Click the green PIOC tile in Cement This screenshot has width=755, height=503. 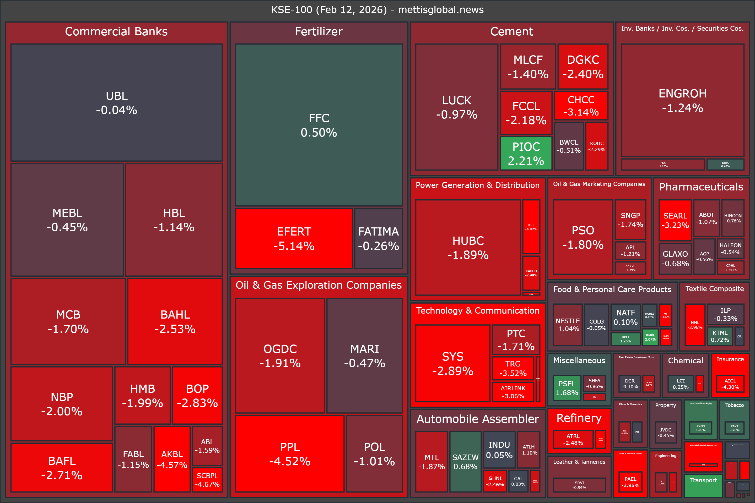coord(526,153)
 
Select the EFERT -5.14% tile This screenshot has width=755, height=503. coord(294,238)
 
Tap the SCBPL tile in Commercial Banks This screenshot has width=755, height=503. coord(207,480)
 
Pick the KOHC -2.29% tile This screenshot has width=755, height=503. coord(597,146)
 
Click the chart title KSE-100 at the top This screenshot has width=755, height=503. coord(377,10)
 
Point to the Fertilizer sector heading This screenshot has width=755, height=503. coord(319,31)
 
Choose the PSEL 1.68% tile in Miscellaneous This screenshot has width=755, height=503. coord(567,388)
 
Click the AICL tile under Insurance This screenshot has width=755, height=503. coord(730,384)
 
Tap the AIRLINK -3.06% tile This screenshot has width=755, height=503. coord(513,392)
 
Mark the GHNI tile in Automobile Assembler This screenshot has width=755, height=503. coord(495,481)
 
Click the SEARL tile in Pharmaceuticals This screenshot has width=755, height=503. coord(675,220)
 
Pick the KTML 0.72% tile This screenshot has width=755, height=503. coord(720,336)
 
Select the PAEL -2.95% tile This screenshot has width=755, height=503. coord(630,482)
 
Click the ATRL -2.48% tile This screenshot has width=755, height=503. coord(573,439)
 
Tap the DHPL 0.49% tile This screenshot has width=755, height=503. coord(725,165)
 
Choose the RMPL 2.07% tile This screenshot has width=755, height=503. coord(650,337)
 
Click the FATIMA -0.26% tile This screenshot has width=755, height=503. coord(379,238)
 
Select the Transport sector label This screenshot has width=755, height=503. coord(703,480)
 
